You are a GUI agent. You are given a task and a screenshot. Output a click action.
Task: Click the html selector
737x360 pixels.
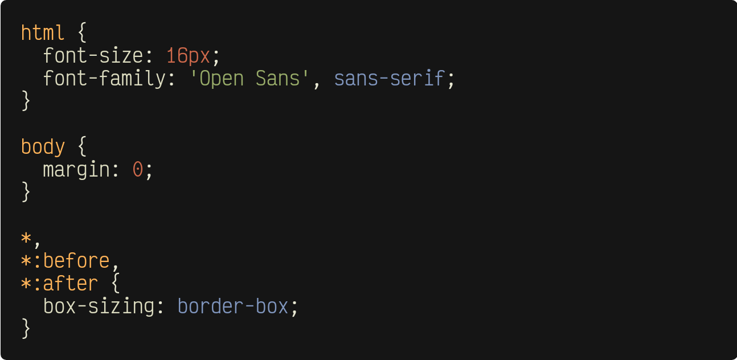(x=43, y=32)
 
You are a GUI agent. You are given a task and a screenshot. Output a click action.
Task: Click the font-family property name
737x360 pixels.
(x=104, y=79)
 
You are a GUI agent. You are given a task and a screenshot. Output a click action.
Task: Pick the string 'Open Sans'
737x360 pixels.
(x=249, y=79)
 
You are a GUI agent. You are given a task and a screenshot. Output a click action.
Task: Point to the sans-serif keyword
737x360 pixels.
(x=388, y=79)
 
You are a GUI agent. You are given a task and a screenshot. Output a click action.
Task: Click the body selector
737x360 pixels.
(x=43, y=147)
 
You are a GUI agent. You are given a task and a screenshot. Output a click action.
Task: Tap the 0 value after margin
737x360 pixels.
(x=137, y=170)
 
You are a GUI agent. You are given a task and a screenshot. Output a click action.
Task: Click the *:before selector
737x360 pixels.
(x=65, y=260)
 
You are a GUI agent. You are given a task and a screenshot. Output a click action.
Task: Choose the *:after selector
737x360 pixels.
(x=59, y=283)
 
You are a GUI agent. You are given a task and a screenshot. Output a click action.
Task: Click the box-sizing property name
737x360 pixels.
(x=99, y=306)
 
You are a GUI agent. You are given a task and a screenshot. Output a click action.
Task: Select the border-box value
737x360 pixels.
(x=233, y=306)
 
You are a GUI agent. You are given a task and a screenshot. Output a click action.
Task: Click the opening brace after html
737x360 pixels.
(x=81, y=32)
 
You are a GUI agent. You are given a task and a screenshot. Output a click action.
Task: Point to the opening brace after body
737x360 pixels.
(x=81, y=147)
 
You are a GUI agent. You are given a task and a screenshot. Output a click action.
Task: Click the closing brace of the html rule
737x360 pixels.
(x=26, y=101)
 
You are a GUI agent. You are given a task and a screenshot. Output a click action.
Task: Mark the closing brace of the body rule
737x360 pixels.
(x=26, y=192)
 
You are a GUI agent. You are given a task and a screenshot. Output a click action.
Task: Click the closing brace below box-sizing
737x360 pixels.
(x=26, y=329)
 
